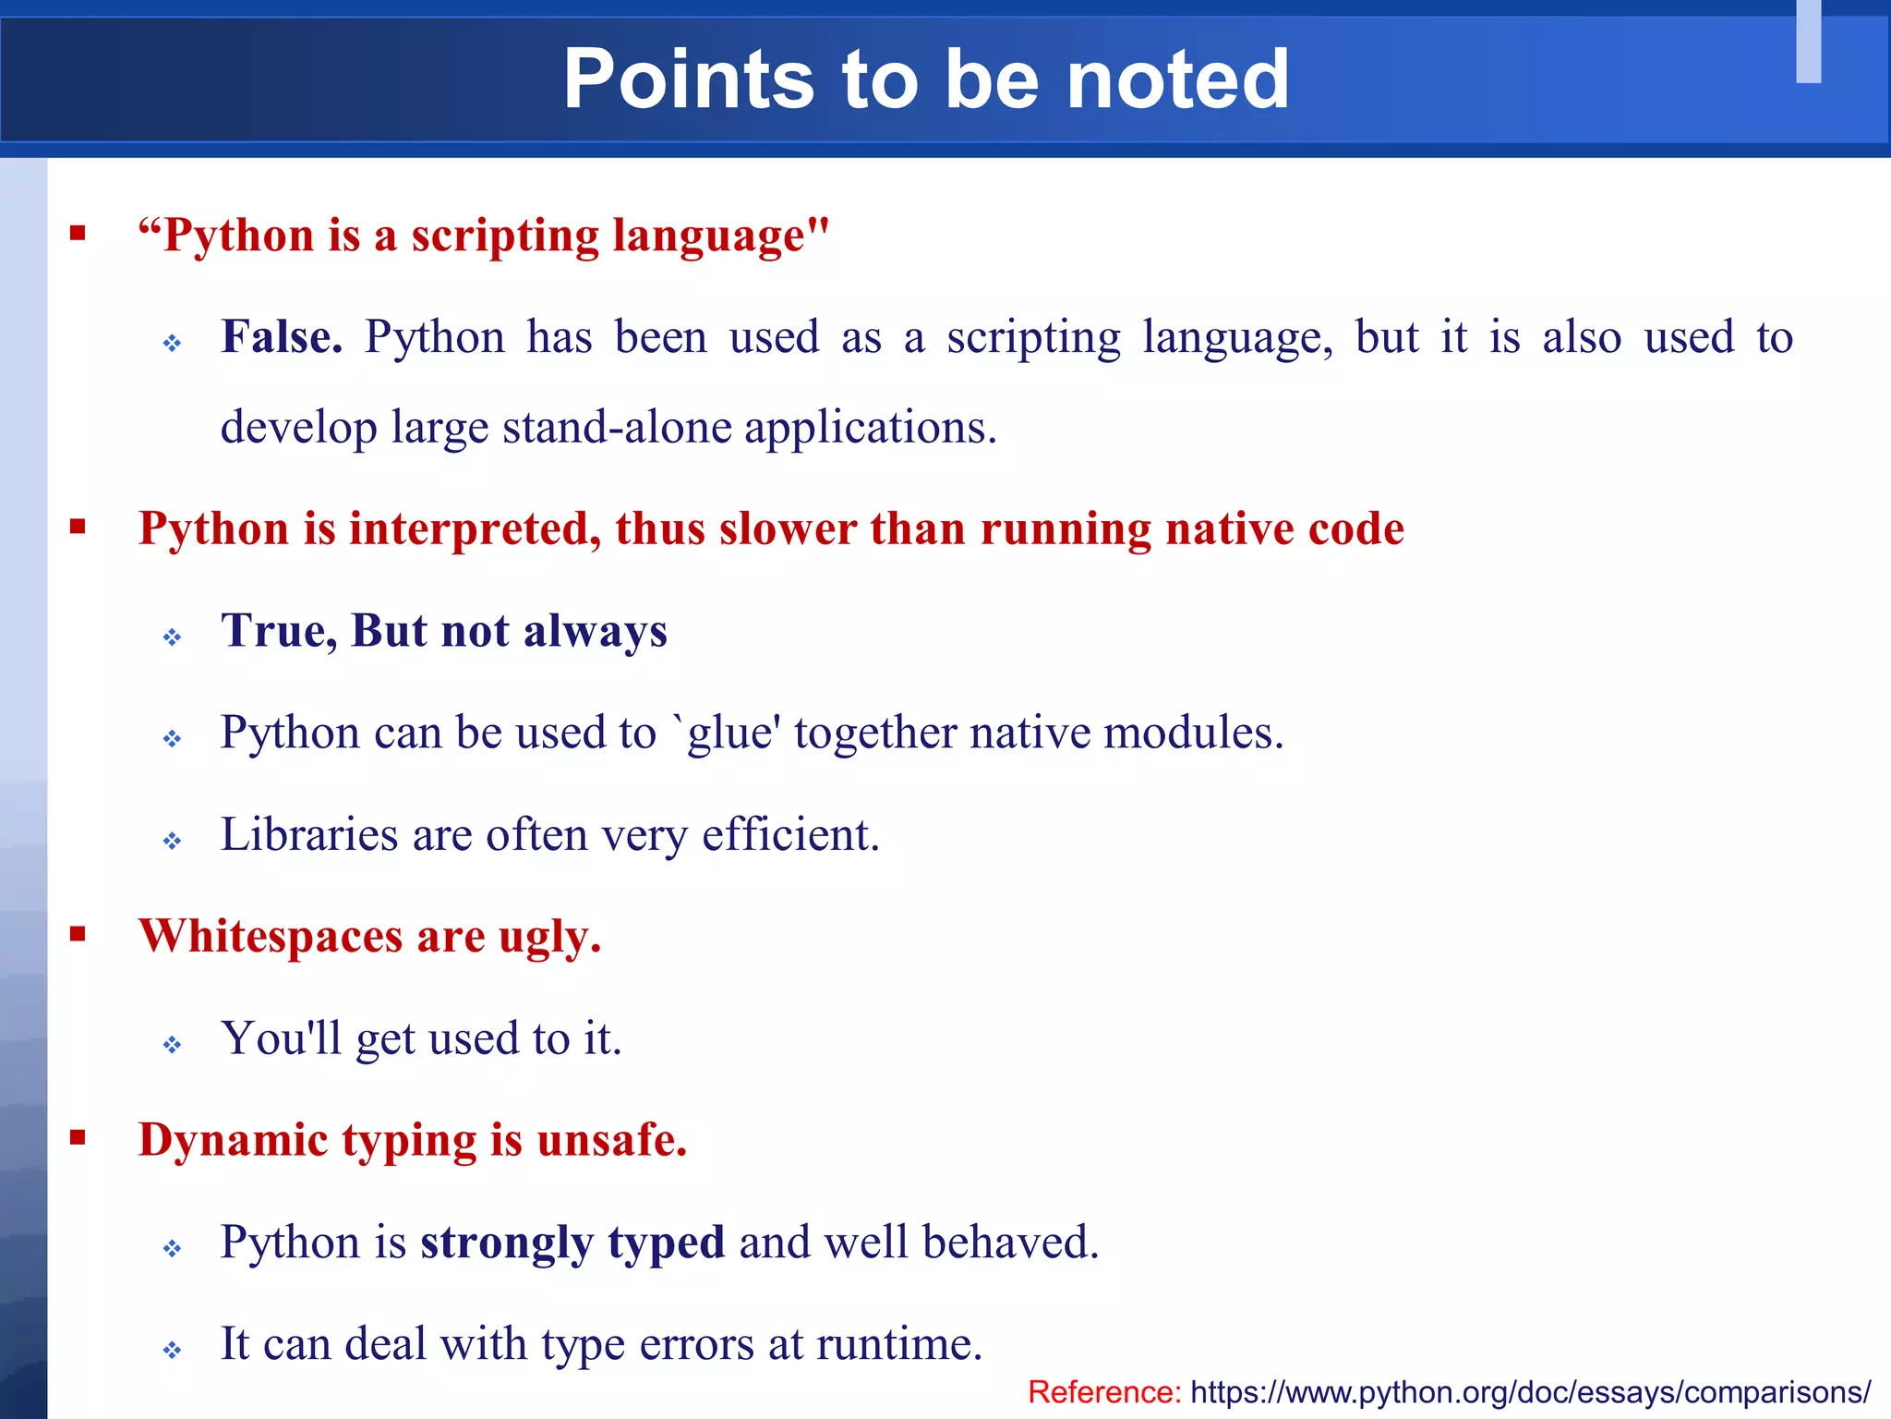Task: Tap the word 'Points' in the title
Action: tap(689, 80)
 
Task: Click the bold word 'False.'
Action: tap(282, 337)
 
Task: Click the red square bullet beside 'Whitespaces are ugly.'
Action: tap(78, 934)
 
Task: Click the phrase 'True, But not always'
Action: tap(443, 631)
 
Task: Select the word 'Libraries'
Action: tap(309, 834)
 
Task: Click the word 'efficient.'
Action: tap(790, 834)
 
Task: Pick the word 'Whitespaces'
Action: tap(271, 936)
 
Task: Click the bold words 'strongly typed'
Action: tap(572, 1243)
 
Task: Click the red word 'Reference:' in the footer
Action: tap(1104, 1391)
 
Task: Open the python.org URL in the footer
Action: tap(1530, 1391)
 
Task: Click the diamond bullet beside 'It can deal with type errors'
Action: tap(172, 1351)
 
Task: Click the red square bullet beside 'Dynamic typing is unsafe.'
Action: tap(78, 1137)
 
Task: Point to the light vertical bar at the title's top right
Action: tap(1808, 42)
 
